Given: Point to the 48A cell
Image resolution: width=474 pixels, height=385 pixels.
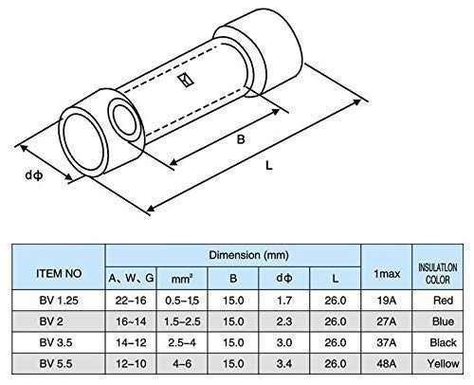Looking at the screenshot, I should coord(386,362).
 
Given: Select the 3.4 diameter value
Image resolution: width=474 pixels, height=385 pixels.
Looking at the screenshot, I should coord(282,362).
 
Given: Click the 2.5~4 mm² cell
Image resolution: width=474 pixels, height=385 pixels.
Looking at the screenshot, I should coord(182,342).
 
